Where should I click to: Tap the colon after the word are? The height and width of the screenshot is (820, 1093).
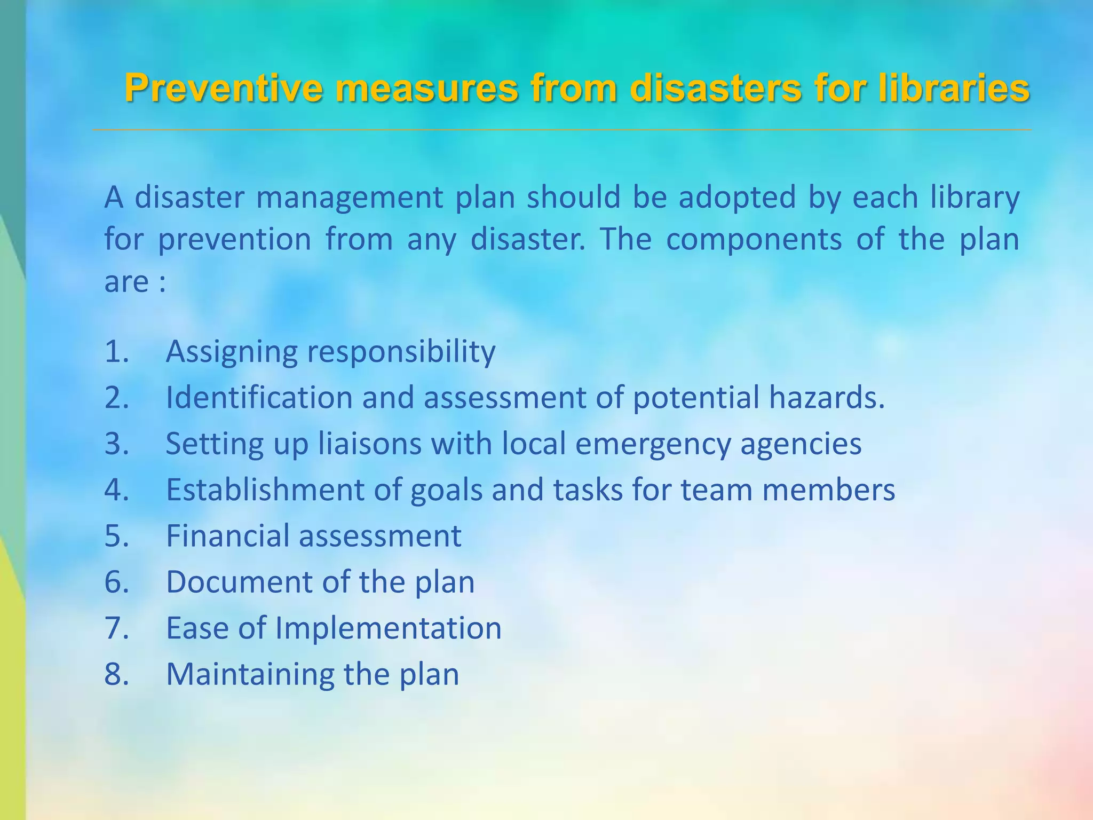coord(162,283)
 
